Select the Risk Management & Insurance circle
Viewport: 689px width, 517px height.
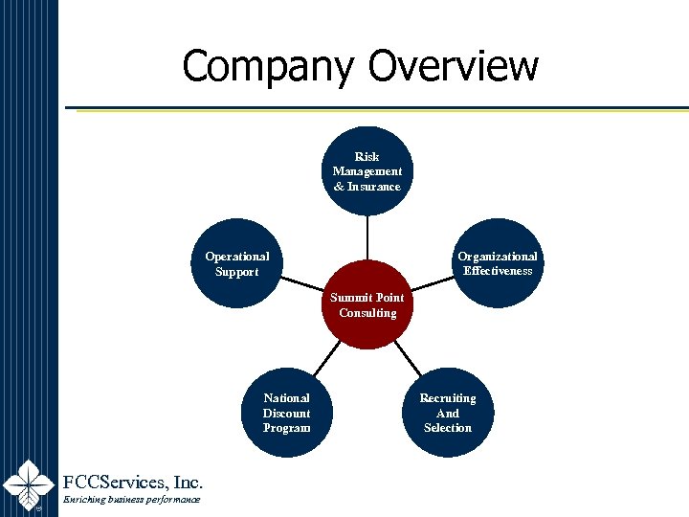(x=367, y=170)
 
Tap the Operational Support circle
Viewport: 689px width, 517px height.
(x=237, y=264)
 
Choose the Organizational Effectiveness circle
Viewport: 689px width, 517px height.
(x=497, y=263)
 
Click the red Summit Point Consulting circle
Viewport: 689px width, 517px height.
(x=367, y=305)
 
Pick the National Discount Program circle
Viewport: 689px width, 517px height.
(x=286, y=413)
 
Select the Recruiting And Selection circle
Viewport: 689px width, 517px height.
(x=448, y=413)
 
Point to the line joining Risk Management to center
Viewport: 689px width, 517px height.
(x=367, y=237)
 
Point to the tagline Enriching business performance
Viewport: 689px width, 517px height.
(x=131, y=501)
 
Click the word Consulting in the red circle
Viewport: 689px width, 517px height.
(x=367, y=313)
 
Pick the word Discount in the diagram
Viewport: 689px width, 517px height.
(x=286, y=413)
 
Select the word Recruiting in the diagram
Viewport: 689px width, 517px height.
(x=448, y=398)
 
